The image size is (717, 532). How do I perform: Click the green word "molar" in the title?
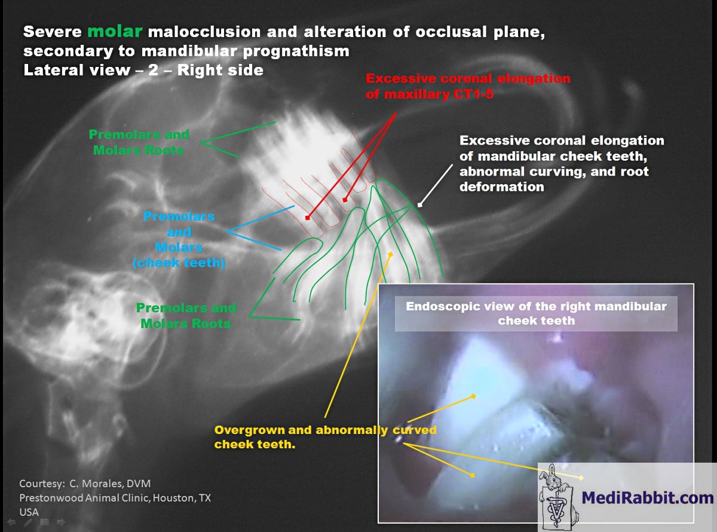[115, 31]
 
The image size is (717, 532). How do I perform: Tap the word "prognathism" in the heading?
[296, 51]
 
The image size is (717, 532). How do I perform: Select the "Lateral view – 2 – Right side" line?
[143, 70]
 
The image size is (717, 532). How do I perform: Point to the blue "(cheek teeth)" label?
[179, 263]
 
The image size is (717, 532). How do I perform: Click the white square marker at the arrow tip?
[419, 204]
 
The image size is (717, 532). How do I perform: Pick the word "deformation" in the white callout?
[502, 186]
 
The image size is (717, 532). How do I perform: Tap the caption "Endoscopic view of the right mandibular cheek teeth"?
[536, 313]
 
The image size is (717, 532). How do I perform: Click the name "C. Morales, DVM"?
[110, 484]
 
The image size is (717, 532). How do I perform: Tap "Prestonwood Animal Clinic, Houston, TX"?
[115, 498]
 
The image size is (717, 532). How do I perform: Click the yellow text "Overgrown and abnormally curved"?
[325, 430]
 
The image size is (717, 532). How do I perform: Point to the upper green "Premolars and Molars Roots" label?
[139, 142]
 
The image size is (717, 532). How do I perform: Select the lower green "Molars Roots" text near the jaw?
[186, 323]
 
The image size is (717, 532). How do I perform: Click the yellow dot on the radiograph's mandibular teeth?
[391, 255]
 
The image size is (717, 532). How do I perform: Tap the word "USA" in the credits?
[29, 512]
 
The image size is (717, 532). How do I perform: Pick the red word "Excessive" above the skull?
[401, 78]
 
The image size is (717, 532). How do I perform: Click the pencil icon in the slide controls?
[28, 522]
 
